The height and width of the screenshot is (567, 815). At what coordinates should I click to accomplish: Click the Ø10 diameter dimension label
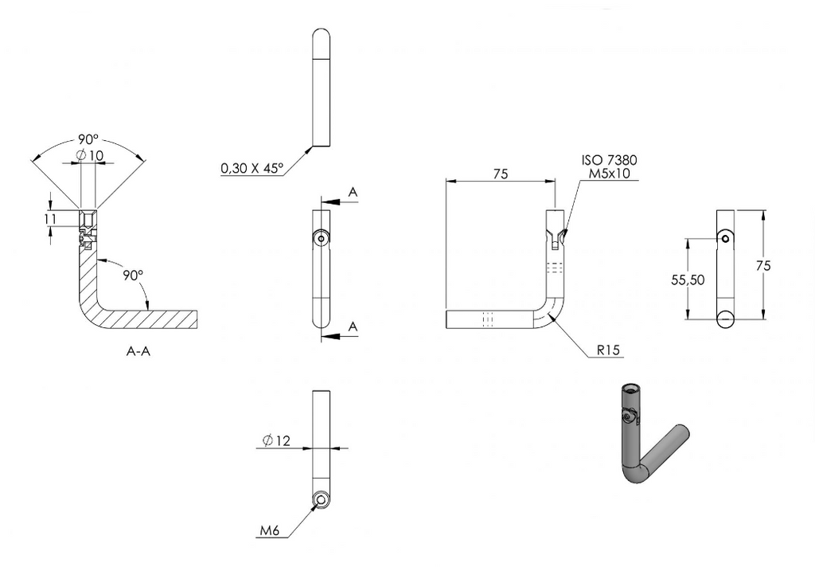tap(89, 155)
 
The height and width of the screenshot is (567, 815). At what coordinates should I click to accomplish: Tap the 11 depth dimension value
tap(50, 219)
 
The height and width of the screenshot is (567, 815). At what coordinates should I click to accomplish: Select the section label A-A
tap(138, 351)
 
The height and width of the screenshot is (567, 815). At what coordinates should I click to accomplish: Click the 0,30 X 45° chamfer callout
tap(252, 168)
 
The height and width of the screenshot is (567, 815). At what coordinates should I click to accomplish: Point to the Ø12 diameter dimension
tap(276, 441)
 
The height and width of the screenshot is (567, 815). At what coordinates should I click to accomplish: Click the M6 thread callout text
tap(270, 530)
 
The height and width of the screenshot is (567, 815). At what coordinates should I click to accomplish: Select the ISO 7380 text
tap(609, 160)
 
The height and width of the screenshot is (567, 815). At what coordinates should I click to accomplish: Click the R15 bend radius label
tap(608, 350)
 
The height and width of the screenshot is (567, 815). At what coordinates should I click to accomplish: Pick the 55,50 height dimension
tap(688, 280)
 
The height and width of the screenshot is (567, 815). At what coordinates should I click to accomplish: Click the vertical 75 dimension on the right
tap(763, 265)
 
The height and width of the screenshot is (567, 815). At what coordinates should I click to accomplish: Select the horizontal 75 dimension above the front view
tap(500, 174)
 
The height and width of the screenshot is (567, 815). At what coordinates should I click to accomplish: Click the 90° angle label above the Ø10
tap(88, 139)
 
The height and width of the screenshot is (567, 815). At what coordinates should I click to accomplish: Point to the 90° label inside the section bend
tap(133, 275)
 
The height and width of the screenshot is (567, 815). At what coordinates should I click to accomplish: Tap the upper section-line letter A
tap(353, 193)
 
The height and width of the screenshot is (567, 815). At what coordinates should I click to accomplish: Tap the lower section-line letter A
tap(353, 327)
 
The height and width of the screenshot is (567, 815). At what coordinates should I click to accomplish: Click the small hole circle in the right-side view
tap(725, 238)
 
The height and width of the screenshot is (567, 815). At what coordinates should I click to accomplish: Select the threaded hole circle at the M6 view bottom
tap(322, 500)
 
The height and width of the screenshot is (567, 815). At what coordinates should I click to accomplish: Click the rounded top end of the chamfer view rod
tap(322, 37)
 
